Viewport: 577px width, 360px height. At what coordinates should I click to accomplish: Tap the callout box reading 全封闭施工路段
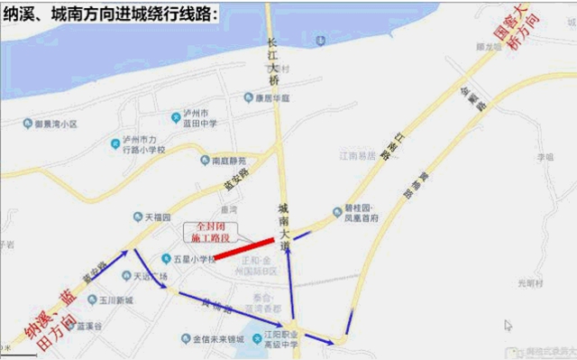click(x=209, y=231)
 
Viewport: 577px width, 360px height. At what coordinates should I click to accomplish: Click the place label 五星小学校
click(x=188, y=259)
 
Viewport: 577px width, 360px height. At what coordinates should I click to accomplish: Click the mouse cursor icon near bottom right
click(x=508, y=325)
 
